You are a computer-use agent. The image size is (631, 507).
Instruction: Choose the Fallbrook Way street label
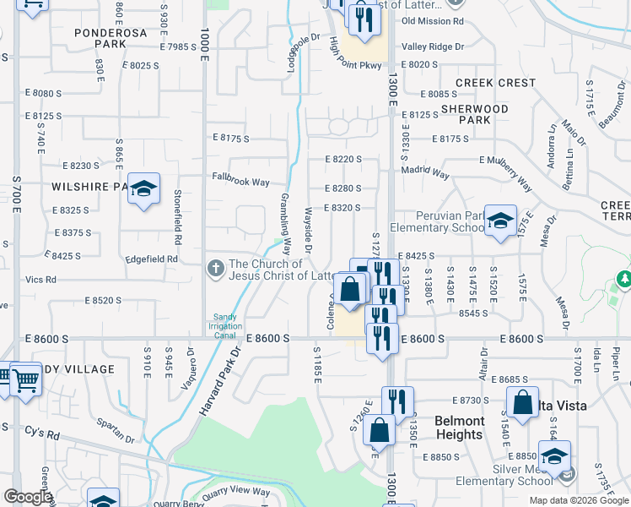point(240,182)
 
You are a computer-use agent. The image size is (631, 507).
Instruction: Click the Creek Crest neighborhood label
point(495,83)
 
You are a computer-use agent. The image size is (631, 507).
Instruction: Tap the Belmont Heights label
point(460,428)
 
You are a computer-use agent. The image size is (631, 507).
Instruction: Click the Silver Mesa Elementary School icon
point(554,457)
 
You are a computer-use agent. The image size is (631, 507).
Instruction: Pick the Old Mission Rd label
point(434,21)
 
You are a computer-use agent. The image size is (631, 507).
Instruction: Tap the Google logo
point(27,497)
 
